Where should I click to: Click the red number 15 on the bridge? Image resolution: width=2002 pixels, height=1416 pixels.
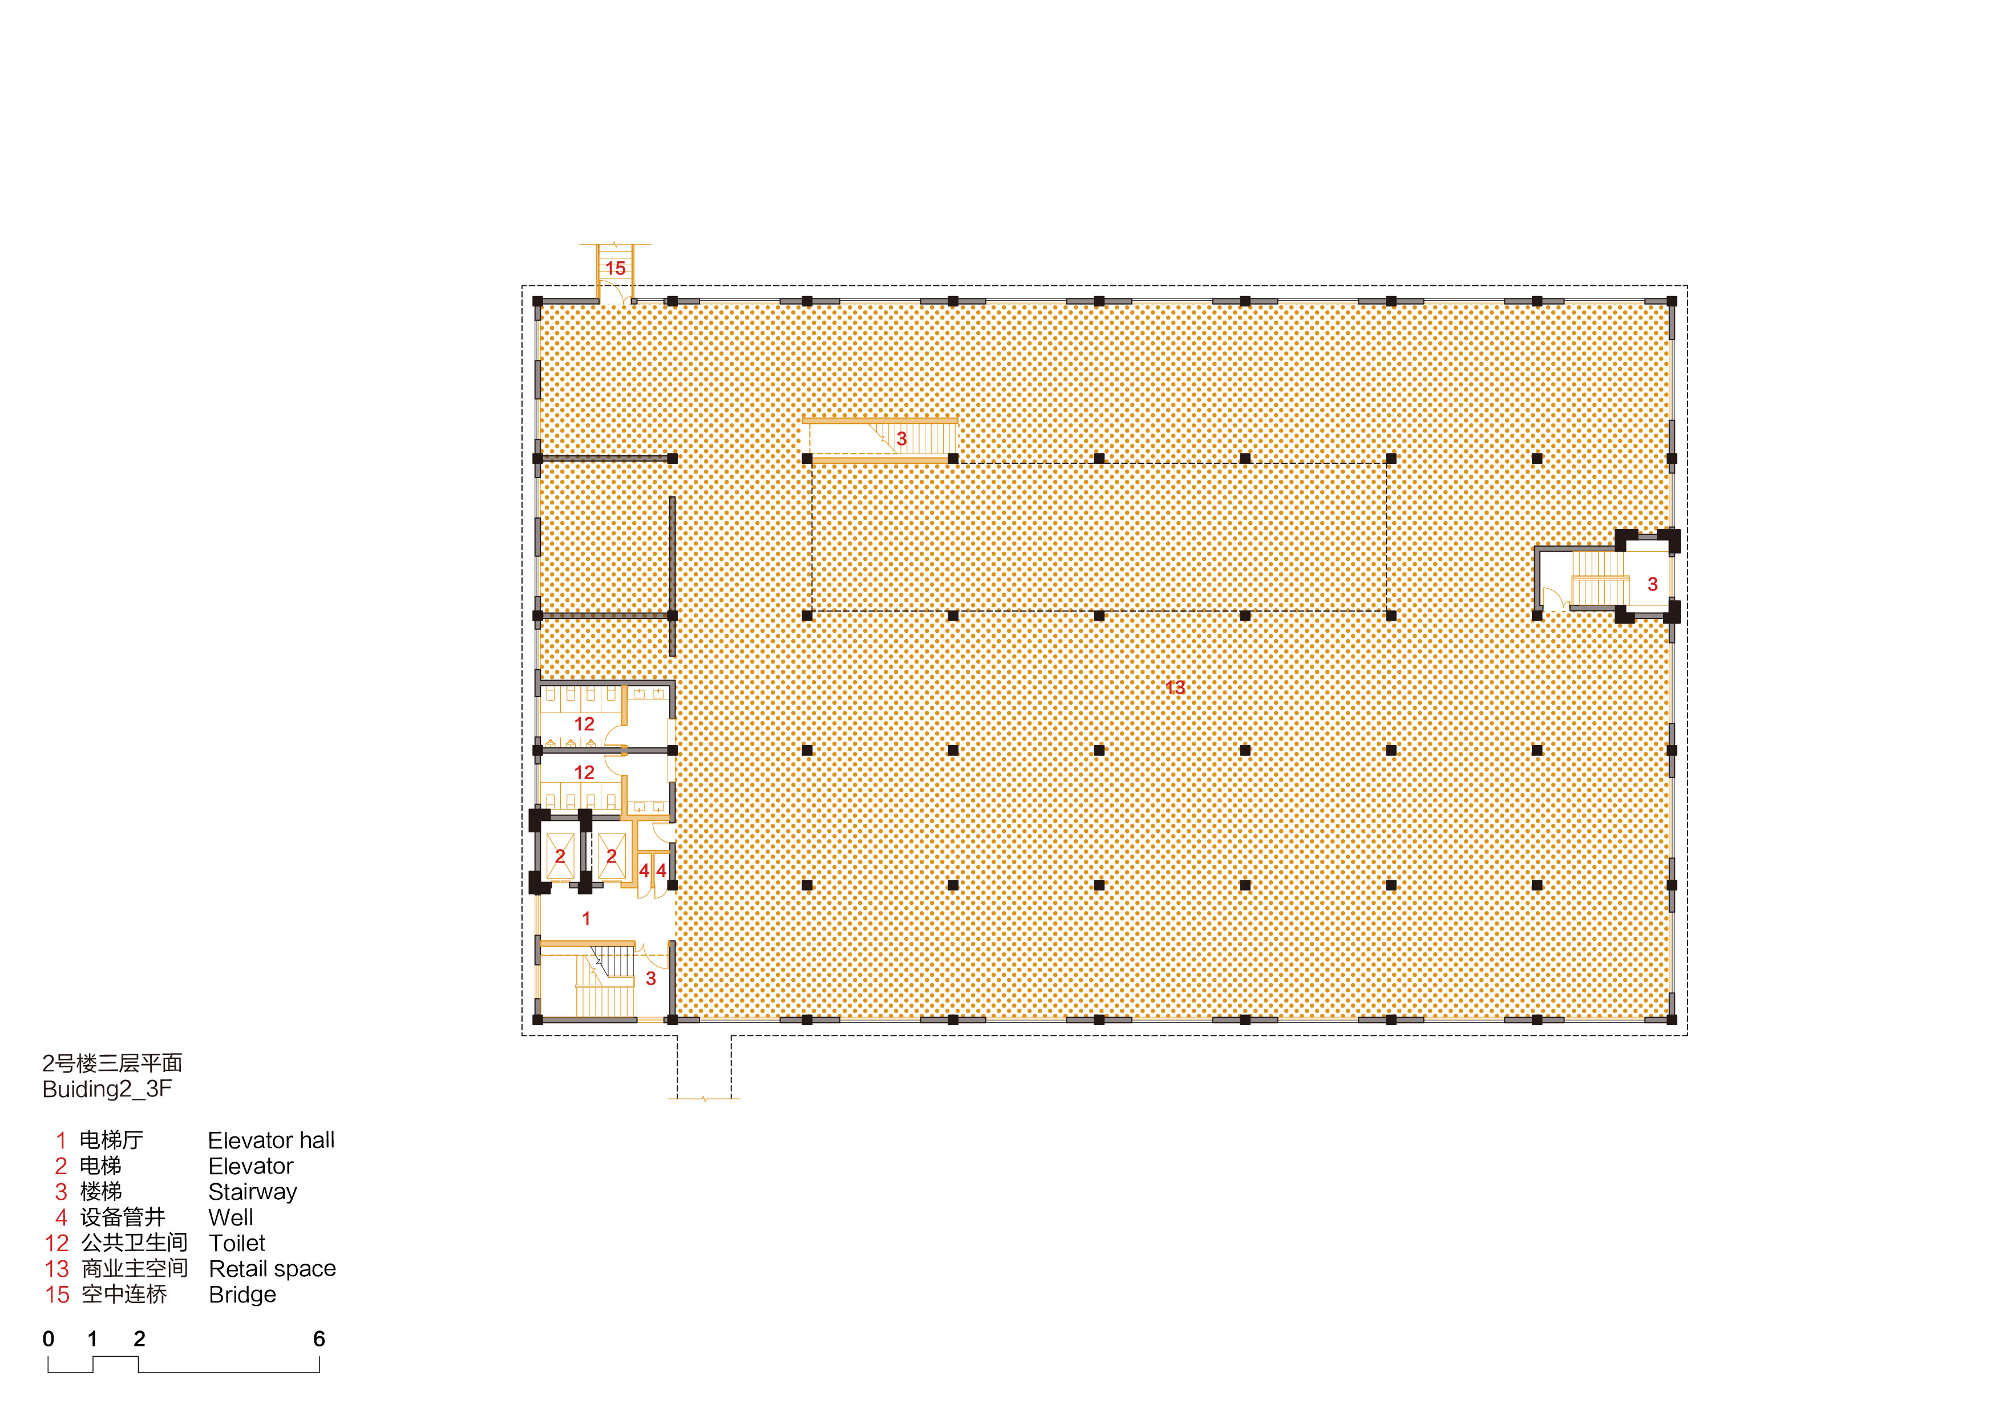point(616,269)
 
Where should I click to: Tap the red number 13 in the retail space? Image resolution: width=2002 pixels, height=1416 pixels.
point(1175,688)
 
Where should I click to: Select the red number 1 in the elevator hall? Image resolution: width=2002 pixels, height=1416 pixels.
point(586,918)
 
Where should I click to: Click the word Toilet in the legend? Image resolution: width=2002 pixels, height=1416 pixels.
point(237,1243)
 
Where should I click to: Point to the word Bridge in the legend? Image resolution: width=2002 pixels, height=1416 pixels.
point(242,1295)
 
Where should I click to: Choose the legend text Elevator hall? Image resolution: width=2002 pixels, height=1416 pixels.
point(271,1140)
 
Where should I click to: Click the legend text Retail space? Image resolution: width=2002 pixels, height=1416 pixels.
point(272,1269)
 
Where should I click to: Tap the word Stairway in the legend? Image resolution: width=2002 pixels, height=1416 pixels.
point(253,1192)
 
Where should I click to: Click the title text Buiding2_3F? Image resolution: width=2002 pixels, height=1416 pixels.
point(107,1089)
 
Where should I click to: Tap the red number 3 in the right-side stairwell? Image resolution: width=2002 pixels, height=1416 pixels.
point(1652,584)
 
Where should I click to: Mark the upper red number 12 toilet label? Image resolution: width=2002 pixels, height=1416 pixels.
point(584,724)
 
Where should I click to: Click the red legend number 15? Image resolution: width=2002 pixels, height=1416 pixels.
point(58,1295)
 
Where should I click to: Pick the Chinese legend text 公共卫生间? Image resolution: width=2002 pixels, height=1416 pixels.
point(134,1243)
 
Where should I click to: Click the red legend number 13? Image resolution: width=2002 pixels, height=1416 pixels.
point(58,1269)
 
